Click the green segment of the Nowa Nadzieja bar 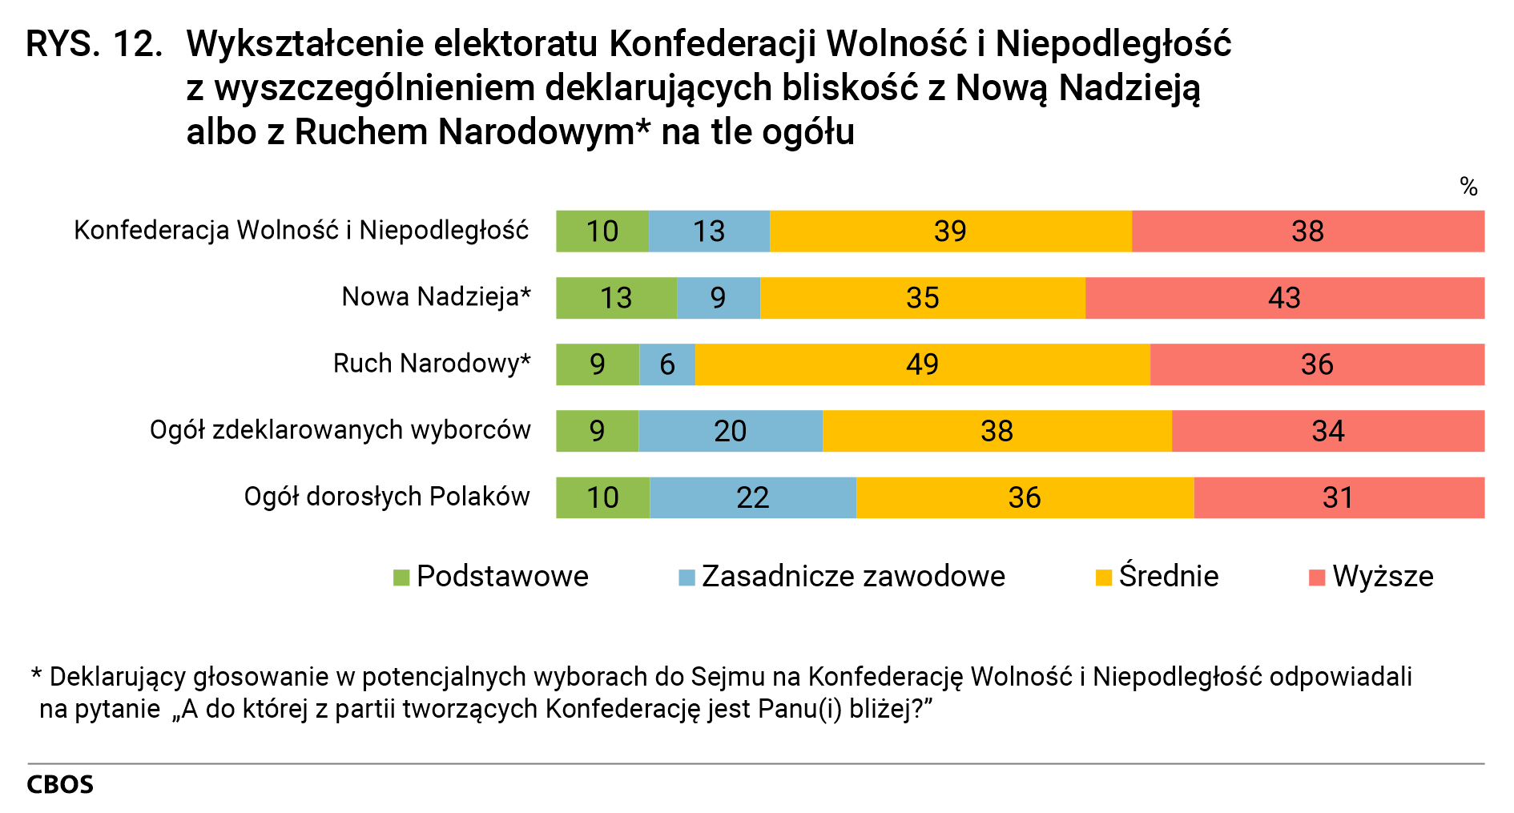(616, 298)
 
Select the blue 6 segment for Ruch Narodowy (667, 364)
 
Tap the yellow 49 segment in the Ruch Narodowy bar (922, 364)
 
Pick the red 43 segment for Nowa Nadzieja (1284, 298)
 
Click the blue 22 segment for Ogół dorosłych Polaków (752, 497)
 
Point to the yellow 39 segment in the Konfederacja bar (950, 231)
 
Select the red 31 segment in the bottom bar (1338, 497)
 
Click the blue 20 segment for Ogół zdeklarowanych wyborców (730, 431)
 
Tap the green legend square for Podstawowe (401, 578)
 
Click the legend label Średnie (1168, 577)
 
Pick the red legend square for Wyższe (1316, 578)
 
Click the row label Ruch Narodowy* (432, 364)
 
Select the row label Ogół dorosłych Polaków (387, 497)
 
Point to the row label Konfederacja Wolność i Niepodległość (301, 231)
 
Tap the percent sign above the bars (1468, 187)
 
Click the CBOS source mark (60, 785)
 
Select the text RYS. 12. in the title (94, 45)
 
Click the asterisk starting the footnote (36, 674)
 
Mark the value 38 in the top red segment (1307, 231)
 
